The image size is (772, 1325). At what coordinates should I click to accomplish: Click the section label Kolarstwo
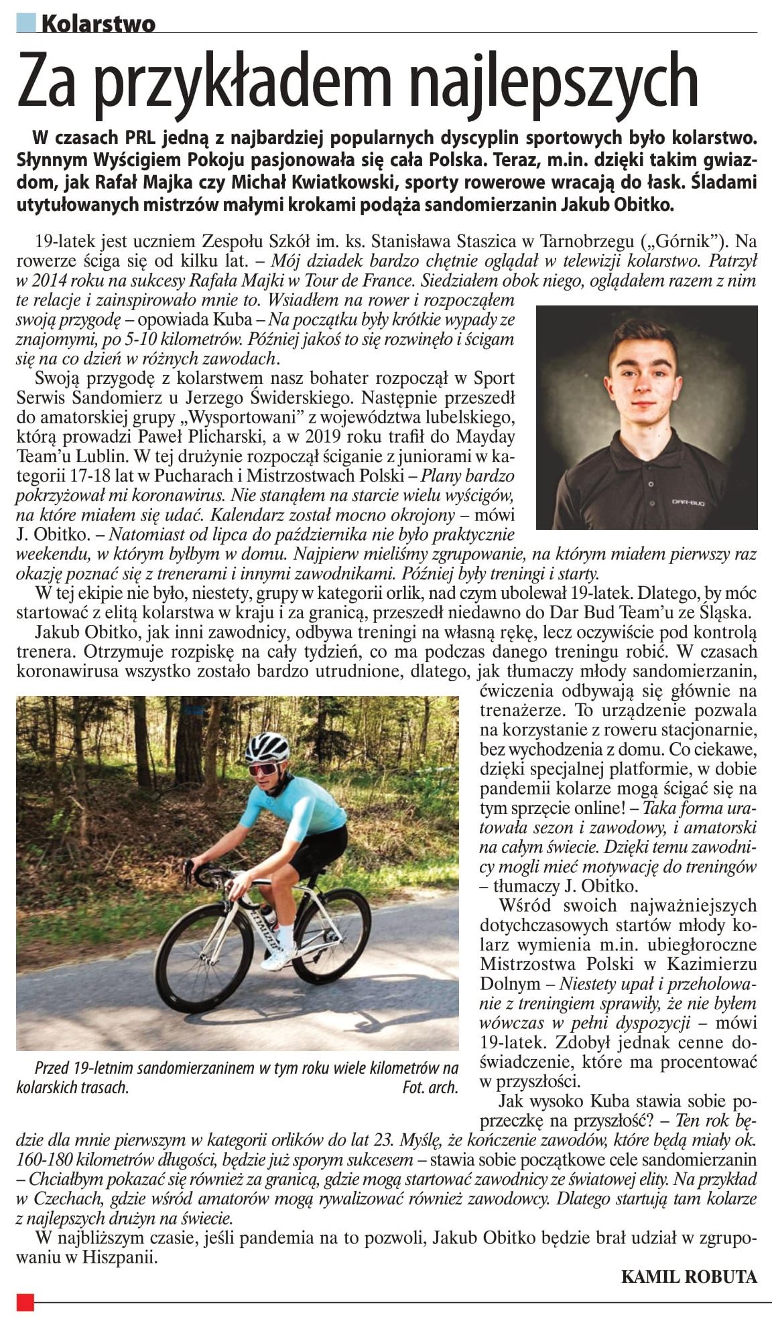[x=98, y=24]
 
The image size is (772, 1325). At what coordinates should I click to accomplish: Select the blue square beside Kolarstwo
[x=27, y=23]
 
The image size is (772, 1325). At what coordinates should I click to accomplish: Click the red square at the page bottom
[x=25, y=1302]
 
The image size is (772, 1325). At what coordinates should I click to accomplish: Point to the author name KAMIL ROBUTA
[x=689, y=1276]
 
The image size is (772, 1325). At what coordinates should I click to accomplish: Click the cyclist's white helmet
[x=267, y=746]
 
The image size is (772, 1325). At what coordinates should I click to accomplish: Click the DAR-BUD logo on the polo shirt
[x=684, y=501]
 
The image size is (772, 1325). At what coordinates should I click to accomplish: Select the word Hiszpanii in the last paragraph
[x=124, y=1257]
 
